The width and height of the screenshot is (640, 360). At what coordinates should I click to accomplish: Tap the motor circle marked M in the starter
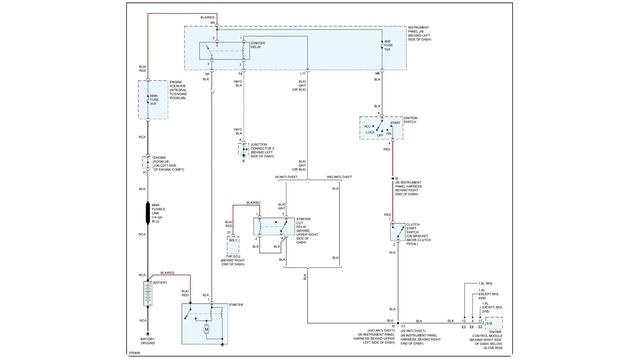[x=206, y=326]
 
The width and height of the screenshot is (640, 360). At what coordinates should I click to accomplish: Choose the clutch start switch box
[x=397, y=231]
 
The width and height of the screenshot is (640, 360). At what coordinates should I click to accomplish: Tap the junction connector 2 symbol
[x=240, y=149]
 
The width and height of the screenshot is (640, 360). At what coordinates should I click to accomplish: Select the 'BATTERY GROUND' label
[x=148, y=341]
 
